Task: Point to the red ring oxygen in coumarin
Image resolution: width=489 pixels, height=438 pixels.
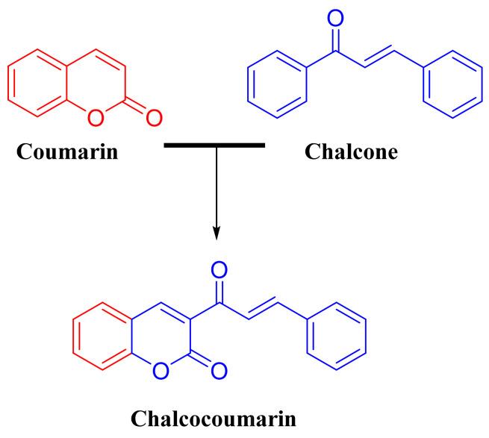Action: point(94,116)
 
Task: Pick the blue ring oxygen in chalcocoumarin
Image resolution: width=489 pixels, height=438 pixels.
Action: point(158,367)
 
